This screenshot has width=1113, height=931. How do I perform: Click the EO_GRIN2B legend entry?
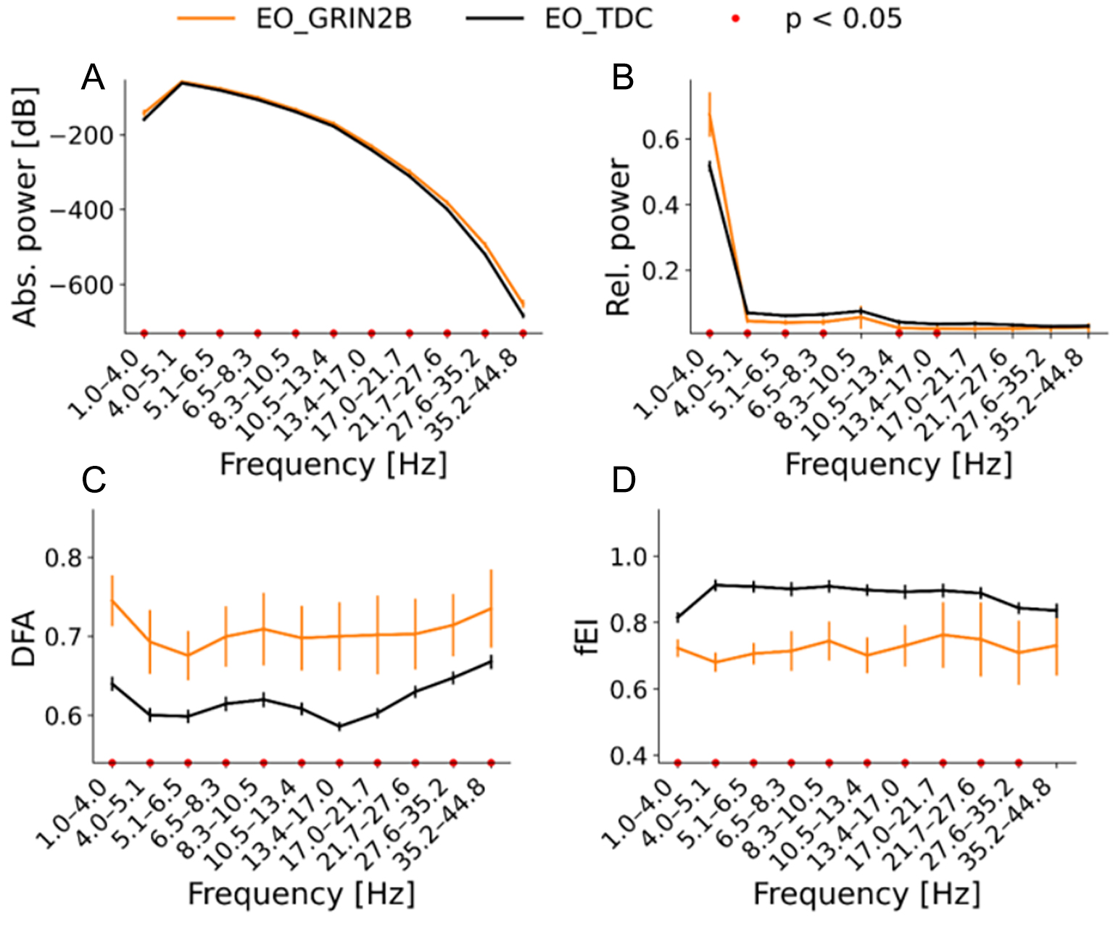coord(334,18)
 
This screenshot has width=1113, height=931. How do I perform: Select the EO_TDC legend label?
coord(599,18)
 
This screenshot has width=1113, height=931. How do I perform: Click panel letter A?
coord(93,77)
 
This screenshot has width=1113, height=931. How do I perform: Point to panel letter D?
coord(624,480)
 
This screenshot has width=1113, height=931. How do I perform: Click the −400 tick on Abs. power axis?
coord(78,210)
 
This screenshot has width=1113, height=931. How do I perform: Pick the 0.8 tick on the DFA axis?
coord(65,558)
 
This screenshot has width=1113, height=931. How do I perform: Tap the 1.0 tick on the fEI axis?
coord(631,556)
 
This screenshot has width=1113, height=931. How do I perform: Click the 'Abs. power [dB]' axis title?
coord(26,208)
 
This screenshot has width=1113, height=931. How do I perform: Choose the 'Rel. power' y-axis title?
coord(618,238)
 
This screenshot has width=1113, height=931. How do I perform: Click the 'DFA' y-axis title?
coord(24,638)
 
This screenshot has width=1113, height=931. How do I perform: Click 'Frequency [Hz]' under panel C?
coord(301,893)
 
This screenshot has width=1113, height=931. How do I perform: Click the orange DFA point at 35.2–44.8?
coord(491,609)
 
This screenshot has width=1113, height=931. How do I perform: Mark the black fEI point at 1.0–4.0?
coord(677,617)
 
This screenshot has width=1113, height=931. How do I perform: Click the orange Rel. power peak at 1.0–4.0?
coord(710,114)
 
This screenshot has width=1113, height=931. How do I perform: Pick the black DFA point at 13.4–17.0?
coord(339,726)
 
